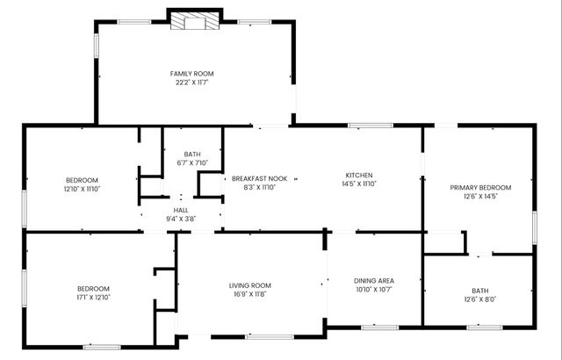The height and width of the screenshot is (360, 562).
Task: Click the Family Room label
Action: click(191, 74)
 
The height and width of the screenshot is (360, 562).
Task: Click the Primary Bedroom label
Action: click(480, 187)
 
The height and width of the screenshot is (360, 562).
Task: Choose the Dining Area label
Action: click(374, 280)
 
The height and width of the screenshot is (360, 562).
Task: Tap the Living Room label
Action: click(250, 285)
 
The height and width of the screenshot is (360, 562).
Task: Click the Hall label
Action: click(180, 210)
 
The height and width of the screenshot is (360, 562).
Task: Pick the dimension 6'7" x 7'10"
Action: click(192, 162)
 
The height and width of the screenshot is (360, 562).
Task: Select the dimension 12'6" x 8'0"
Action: click(479, 299)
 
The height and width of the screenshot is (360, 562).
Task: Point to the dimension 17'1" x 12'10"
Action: click(92, 298)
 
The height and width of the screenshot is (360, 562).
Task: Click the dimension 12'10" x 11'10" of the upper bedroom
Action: click(82, 189)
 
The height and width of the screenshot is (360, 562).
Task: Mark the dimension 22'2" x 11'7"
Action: click(191, 83)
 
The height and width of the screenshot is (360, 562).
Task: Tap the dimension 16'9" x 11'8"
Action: click(250, 295)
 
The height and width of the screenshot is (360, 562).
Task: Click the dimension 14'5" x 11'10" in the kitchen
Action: click(359, 186)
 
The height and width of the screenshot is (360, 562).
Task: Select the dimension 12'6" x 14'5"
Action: click(480, 197)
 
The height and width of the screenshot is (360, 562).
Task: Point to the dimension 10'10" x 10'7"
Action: click(374, 290)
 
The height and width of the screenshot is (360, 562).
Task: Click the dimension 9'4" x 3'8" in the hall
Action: click(180, 219)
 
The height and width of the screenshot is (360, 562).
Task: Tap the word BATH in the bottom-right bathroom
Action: click(479, 291)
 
